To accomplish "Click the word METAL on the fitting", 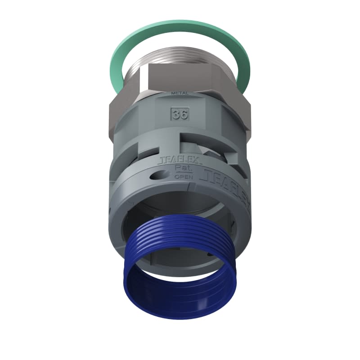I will pyautogui.click(x=180, y=93).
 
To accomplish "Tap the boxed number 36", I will pyautogui.click(x=180, y=114).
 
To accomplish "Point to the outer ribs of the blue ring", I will pyautogui.click(x=180, y=234).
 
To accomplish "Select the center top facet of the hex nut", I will pyautogui.click(x=180, y=79).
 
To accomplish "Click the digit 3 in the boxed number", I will pyautogui.click(x=175, y=114).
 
